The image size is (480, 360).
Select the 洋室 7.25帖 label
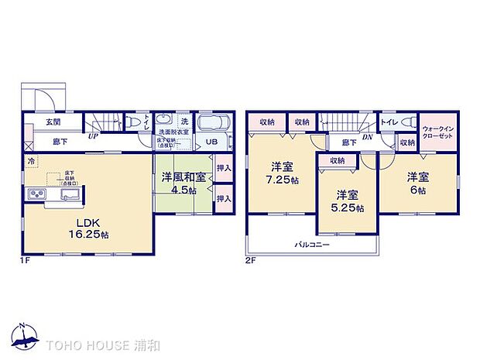[x=280, y=173]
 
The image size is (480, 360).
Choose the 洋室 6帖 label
[x=419, y=182]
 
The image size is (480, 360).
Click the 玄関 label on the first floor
[x=52, y=123]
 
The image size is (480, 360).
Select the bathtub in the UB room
[x=214, y=124]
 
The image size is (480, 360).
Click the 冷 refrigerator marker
[x=31, y=161]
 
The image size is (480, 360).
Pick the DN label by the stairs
[x=368, y=137]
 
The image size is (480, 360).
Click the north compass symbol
[x=24, y=334]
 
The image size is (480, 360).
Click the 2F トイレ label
[x=388, y=122]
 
